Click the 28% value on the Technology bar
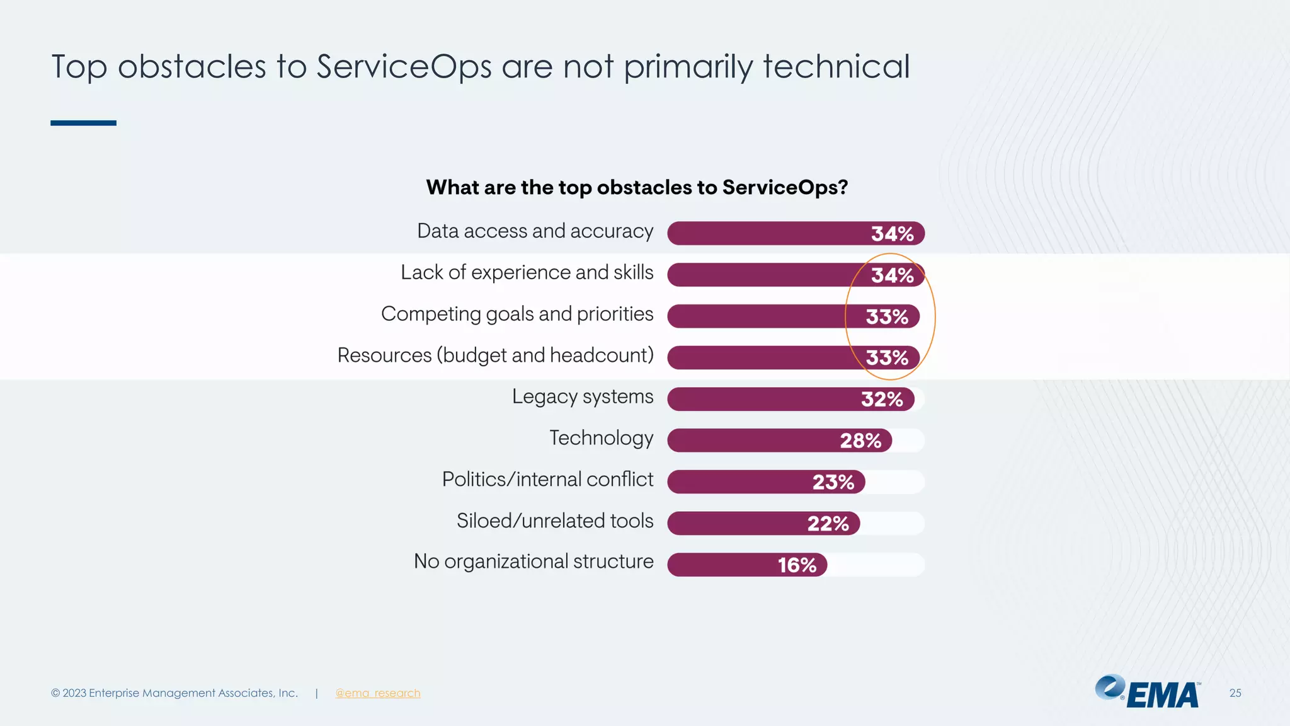(860, 441)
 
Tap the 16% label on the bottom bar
(797, 565)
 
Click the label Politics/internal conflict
(547, 480)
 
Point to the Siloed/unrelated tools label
(554, 521)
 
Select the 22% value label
(828, 524)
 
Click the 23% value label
(833, 482)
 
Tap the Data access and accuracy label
(535, 231)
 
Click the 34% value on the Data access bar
(892, 234)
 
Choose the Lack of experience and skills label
(527, 273)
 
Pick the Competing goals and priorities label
(517, 314)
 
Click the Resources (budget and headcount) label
(495, 355)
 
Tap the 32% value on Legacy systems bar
(882, 400)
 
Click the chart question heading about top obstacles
(637, 187)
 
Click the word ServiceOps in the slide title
(404, 67)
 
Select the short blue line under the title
(83, 123)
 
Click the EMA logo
(1148, 692)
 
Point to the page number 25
(1235, 693)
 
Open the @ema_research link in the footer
(377, 693)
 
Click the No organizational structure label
(533, 562)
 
